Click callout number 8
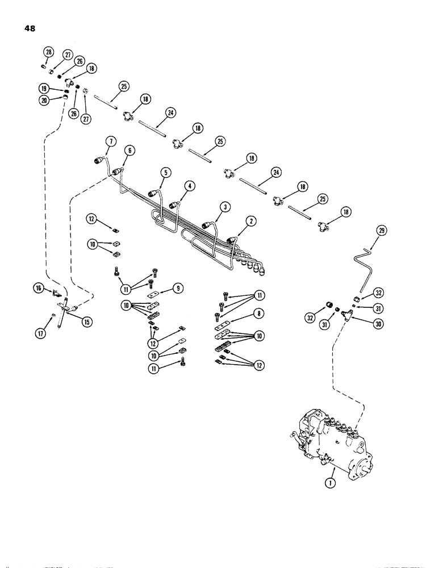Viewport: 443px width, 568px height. point(179,288)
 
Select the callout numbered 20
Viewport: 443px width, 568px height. point(48,53)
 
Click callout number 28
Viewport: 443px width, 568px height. point(382,230)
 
